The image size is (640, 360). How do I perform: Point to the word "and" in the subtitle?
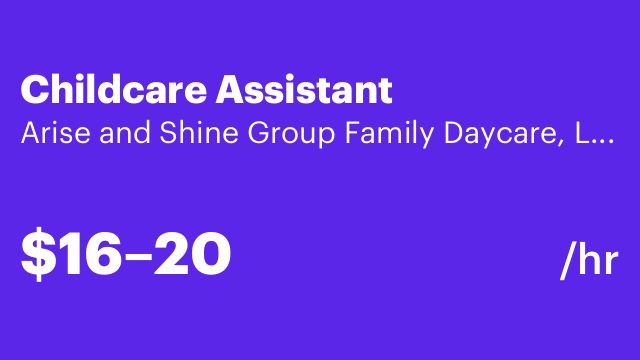pyautogui.click(x=105, y=134)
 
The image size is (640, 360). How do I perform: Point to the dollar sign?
pyautogui.click(x=35, y=254)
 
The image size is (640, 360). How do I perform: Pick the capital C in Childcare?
pyautogui.click(x=34, y=90)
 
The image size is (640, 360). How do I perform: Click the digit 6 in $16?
pyautogui.click(x=100, y=254)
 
